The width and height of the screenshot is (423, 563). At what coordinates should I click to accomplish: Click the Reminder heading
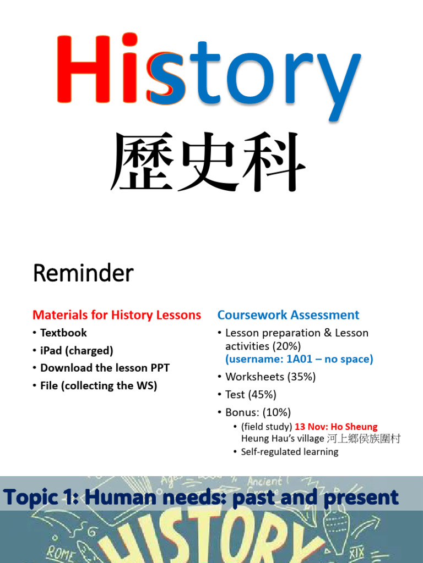pos(83,273)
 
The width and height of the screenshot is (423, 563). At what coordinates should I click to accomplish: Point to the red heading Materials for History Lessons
pos(117,315)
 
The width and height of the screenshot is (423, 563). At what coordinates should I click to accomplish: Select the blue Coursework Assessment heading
pos(288,315)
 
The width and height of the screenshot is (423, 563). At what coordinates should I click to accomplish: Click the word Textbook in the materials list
pos(63,333)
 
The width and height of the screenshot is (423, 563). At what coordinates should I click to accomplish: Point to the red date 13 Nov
pos(310,427)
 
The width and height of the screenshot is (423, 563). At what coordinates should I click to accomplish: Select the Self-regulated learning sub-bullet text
pos(290,451)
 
